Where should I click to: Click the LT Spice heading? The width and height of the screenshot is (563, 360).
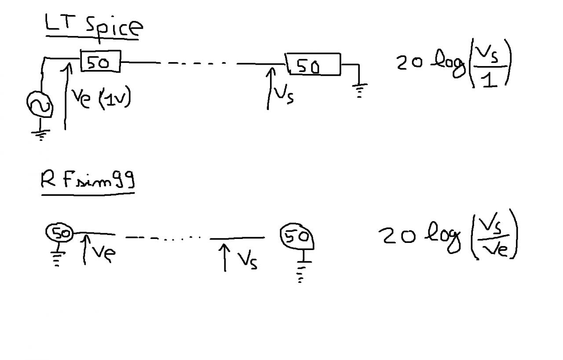(x=94, y=26)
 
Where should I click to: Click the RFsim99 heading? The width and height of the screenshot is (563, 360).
(x=87, y=180)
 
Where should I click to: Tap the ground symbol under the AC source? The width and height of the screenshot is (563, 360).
(x=41, y=134)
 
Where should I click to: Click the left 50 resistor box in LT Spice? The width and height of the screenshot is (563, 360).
(x=100, y=62)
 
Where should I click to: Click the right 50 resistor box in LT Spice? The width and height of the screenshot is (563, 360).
(x=313, y=65)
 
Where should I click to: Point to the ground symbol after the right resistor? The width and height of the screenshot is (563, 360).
(x=359, y=89)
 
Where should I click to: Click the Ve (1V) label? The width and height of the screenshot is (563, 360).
(x=101, y=99)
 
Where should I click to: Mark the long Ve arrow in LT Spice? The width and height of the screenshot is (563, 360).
(x=66, y=97)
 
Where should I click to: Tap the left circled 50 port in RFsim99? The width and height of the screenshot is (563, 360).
(x=59, y=233)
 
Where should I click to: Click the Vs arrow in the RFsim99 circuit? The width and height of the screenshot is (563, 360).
(x=225, y=257)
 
